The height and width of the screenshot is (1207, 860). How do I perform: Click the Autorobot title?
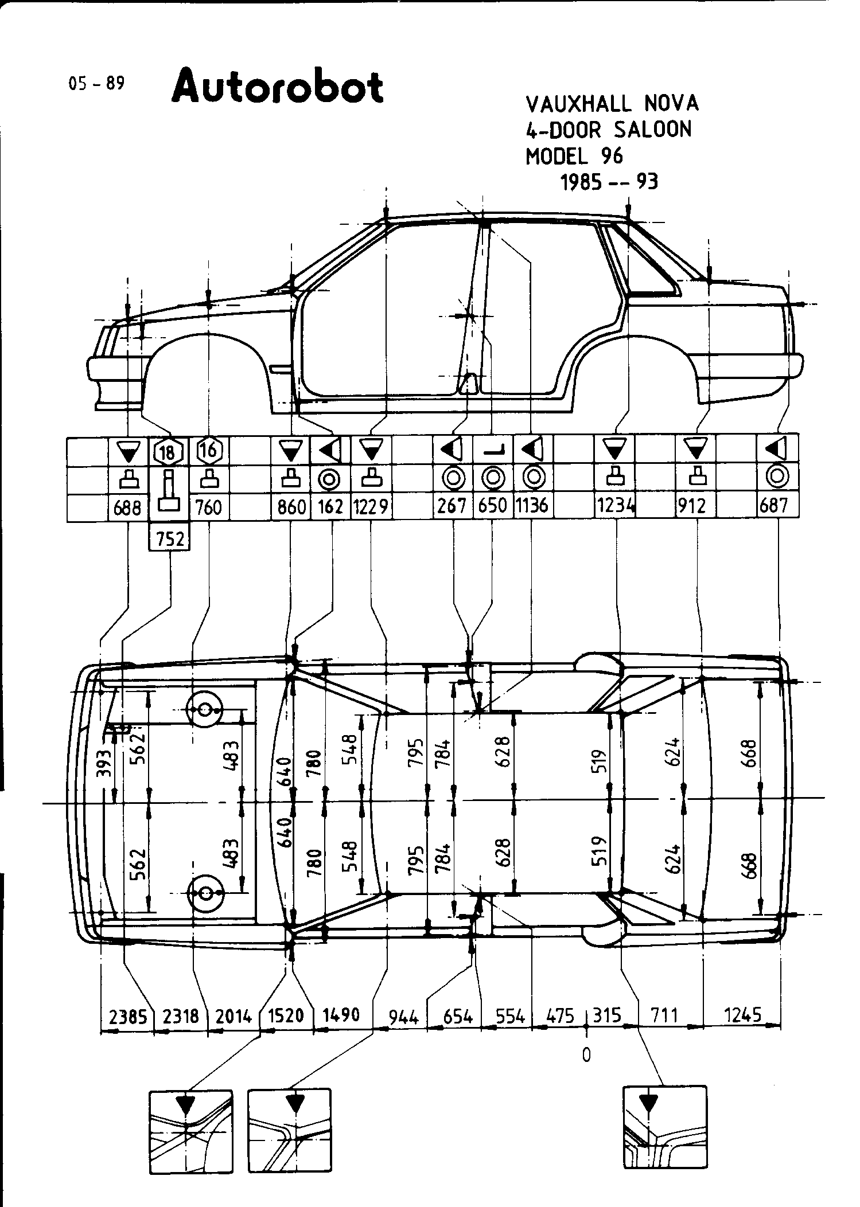tap(277, 87)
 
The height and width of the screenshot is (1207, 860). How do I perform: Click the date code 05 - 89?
tap(96, 84)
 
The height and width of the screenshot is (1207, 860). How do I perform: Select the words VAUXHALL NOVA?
tap(612, 103)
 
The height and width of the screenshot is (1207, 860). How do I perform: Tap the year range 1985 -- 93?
tap(609, 182)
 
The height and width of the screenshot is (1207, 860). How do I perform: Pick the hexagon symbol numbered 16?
tap(209, 451)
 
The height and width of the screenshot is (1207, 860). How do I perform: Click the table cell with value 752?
tap(170, 540)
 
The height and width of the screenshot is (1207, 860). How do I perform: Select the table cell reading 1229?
tap(371, 506)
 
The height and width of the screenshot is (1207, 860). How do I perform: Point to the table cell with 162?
tap(330, 506)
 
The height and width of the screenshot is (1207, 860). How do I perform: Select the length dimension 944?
tap(404, 1017)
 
